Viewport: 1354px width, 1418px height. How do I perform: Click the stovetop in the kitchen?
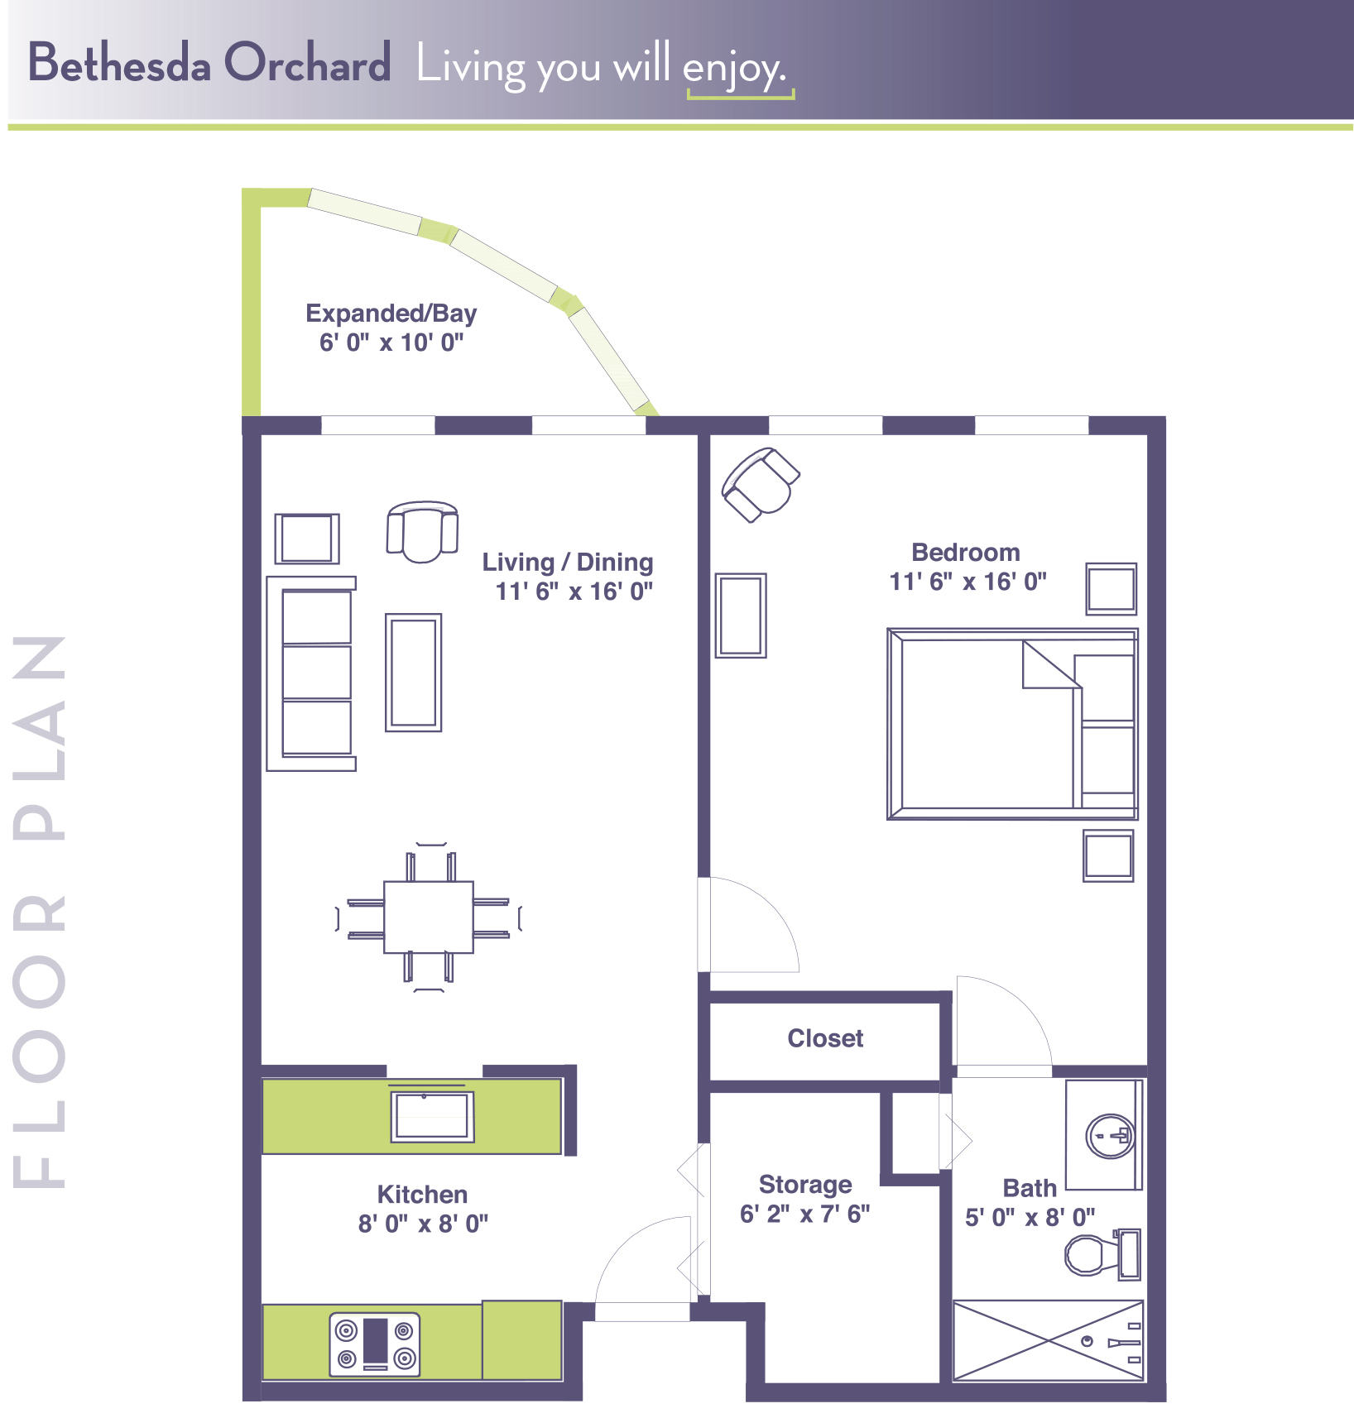(x=375, y=1344)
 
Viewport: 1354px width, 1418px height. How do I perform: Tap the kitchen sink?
(x=433, y=1116)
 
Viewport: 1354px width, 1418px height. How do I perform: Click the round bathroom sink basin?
(x=1110, y=1137)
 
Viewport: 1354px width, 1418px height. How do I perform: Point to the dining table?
(x=429, y=917)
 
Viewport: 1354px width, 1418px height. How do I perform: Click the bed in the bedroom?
(x=1012, y=724)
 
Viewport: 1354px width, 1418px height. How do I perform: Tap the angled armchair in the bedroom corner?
(x=761, y=485)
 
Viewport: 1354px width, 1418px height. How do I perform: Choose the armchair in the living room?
(x=422, y=531)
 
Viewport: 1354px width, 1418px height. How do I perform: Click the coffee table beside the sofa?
(x=414, y=673)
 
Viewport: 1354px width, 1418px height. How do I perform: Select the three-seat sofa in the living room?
(x=311, y=673)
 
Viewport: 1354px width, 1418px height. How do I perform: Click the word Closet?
(x=825, y=1038)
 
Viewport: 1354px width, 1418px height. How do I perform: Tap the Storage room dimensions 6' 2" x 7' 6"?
(x=804, y=1214)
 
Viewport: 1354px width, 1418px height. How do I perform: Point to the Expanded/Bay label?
(x=391, y=314)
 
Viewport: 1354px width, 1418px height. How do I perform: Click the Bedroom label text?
(x=966, y=553)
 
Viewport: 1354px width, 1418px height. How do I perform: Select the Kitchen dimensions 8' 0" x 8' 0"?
(x=423, y=1224)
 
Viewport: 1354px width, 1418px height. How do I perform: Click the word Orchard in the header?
(x=307, y=64)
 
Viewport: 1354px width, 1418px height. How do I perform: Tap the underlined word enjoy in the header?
(x=733, y=68)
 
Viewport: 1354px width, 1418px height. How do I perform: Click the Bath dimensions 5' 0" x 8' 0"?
(x=1030, y=1218)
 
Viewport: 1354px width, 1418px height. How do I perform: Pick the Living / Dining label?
(x=568, y=563)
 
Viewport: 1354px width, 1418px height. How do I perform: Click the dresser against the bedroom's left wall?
(x=741, y=616)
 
